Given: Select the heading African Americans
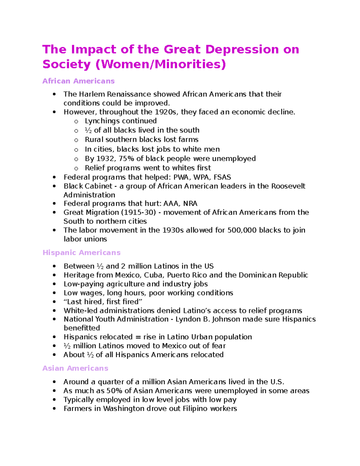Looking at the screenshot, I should (78, 81).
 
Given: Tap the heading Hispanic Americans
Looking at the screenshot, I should (81, 253).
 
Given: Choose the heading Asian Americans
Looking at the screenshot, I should (75, 368).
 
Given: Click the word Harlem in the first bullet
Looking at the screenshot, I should (92, 94).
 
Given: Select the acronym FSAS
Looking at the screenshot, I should (222, 177).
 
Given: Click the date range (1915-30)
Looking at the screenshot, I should (138, 212).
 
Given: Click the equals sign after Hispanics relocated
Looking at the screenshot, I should (138, 337).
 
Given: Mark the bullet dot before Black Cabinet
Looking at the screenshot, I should (54, 186).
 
